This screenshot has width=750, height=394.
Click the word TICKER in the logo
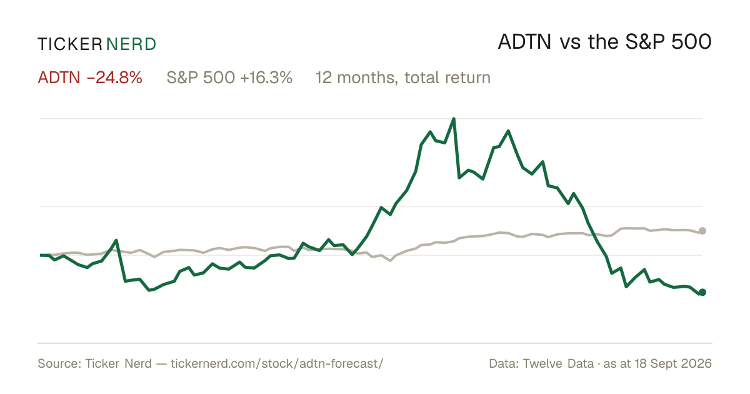pyautogui.click(x=70, y=44)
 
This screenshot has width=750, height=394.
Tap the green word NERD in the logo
pyautogui.click(x=131, y=44)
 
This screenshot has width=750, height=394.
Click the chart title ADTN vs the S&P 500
pyautogui.click(x=605, y=43)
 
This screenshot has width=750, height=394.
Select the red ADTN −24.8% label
pyautogui.click(x=90, y=78)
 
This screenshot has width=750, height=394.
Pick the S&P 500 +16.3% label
pyautogui.click(x=230, y=78)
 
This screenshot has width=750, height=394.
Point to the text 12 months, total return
pyautogui.click(x=403, y=78)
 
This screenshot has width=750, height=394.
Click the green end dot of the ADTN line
pyautogui.click(x=702, y=293)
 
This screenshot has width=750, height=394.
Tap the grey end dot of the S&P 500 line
pyautogui.click(x=702, y=231)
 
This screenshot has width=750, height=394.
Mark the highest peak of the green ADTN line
pyautogui.click(x=454, y=119)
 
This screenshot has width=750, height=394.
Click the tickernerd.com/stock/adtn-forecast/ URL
pyautogui.click(x=277, y=363)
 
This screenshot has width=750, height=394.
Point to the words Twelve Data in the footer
pyautogui.click(x=558, y=363)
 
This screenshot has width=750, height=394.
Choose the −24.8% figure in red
pyautogui.click(x=114, y=78)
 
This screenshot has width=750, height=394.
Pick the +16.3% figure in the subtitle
pyautogui.click(x=266, y=78)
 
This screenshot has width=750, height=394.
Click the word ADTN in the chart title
pyautogui.click(x=524, y=43)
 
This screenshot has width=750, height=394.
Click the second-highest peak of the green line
pyautogui.click(x=508, y=131)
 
